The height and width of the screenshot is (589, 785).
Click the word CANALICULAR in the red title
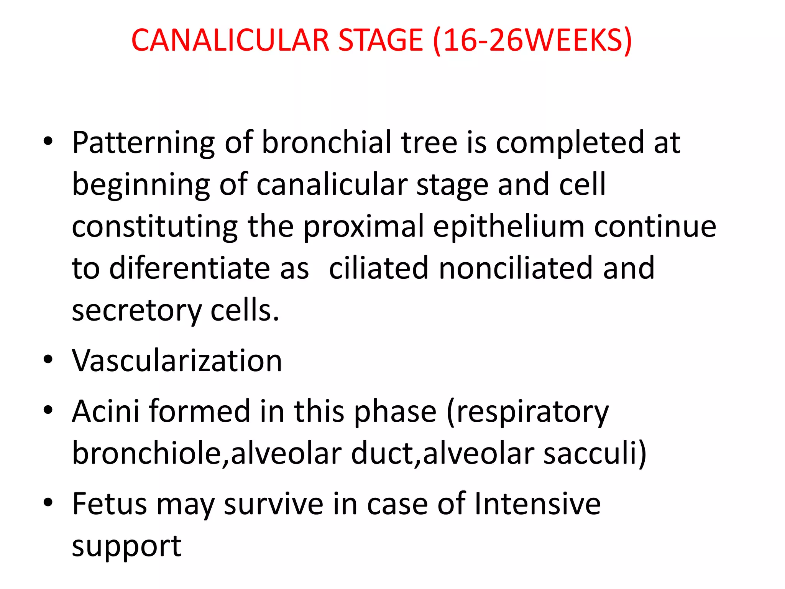click(x=230, y=40)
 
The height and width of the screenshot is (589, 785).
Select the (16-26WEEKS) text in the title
click(x=532, y=41)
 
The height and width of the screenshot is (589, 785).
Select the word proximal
click(x=364, y=227)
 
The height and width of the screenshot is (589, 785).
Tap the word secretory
click(x=136, y=311)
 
